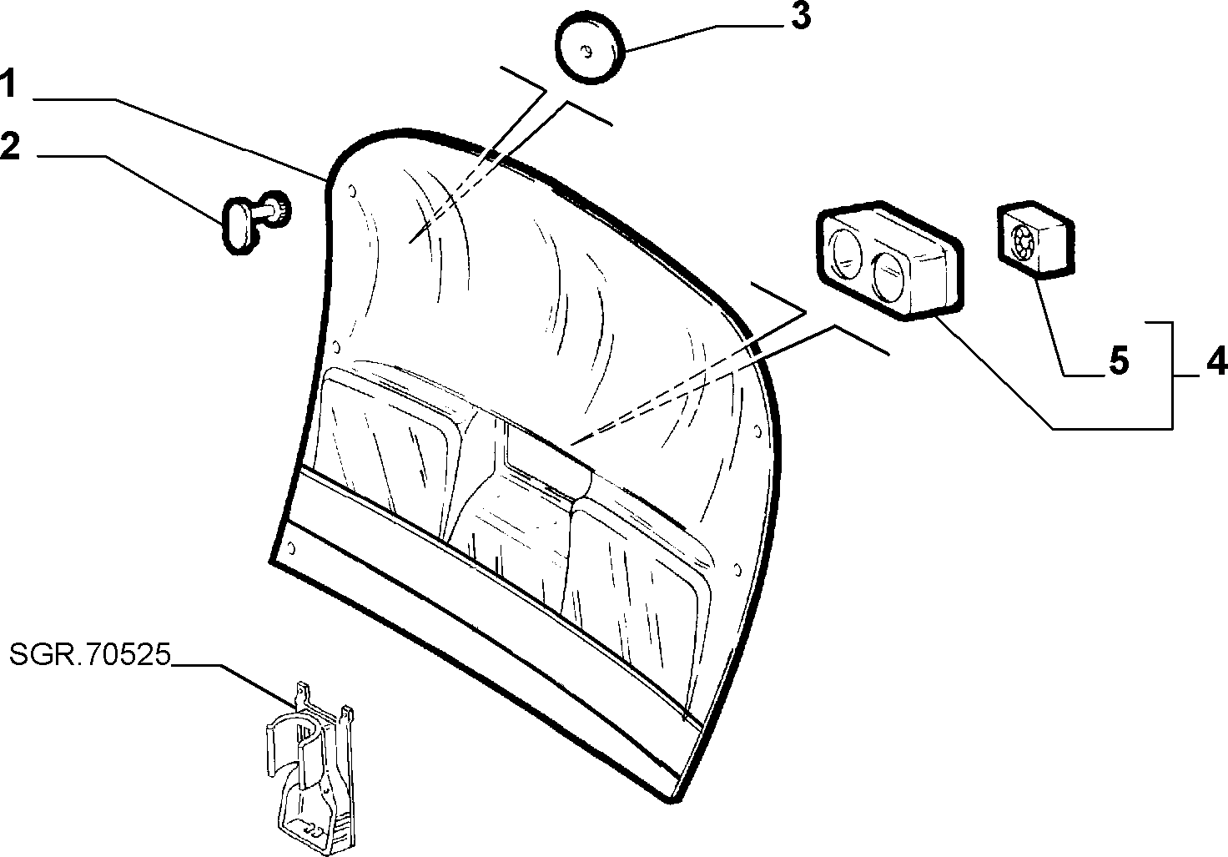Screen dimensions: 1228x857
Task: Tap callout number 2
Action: click(x=10, y=145)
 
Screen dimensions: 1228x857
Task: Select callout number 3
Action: click(x=801, y=17)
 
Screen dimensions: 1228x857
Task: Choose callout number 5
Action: click(x=1119, y=360)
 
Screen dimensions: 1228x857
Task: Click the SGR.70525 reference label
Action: click(x=90, y=655)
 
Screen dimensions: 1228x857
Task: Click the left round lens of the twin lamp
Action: click(x=847, y=255)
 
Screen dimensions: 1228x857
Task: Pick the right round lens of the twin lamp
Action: click(x=890, y=276)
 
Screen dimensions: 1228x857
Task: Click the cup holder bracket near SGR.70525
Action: click(x=310, y=768)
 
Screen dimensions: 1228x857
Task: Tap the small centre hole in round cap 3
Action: click(x=586, y=53)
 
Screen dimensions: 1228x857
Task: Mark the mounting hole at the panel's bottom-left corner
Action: click(x=292, y=547)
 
